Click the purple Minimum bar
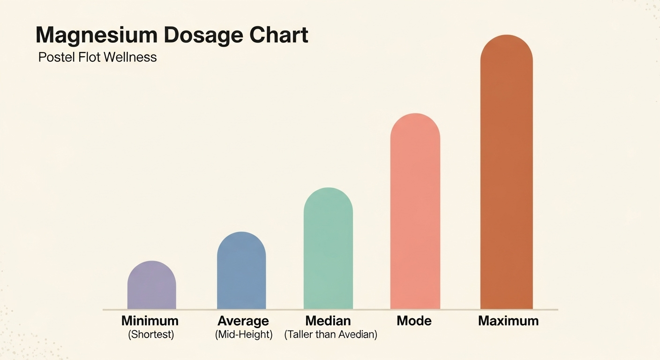pyautogui.click(x=151, y=286)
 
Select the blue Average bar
pyautogui.click(x=241, y=272)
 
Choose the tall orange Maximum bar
pyautogui.click(x=506, y=173)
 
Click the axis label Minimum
pyautogui.click(x=150, y=321)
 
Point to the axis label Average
pyautogui.click(x=243, y=321)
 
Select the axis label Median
pyautogui.click(x=328, y=321)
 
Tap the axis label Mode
pyautogui.click(x=414, y=321)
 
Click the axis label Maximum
pyautogui.click(x=508, y=321)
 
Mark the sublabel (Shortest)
pyautogui.click(x=150, y=335)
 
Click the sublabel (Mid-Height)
pyautogui.click(x=243, y=335)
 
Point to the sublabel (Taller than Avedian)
pyautogui.click(x=330, y=335)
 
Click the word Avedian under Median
pyautogui.click(x=357, y=335)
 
